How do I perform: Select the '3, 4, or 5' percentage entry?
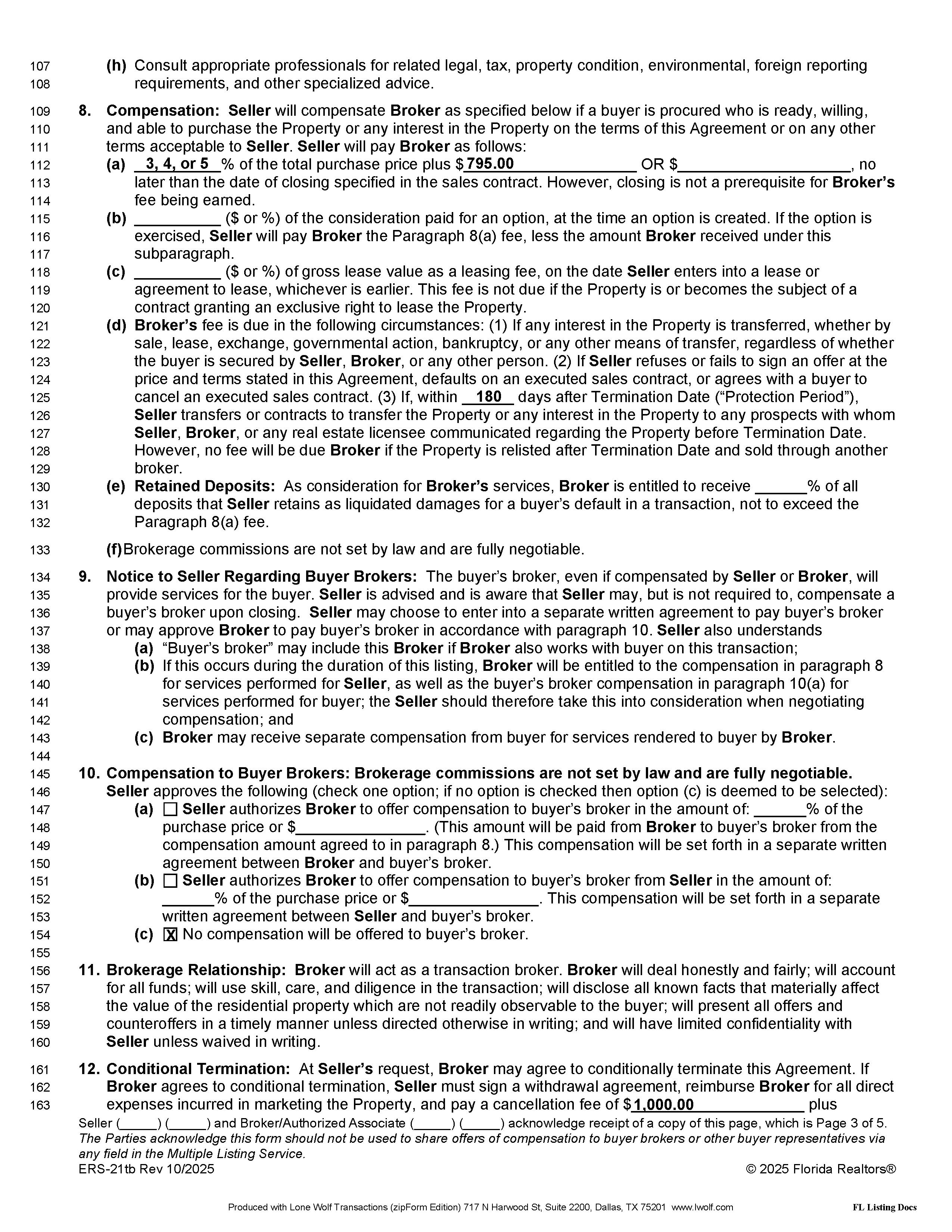coord(177,164)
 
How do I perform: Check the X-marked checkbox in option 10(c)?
coord(170,935)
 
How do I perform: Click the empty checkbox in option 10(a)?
coord(170,809)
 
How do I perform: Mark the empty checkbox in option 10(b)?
coord(170,881)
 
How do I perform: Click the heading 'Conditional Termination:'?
coord(198,1069)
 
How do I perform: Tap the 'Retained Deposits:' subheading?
coord(205,486)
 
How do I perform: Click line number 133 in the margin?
coord(40,550)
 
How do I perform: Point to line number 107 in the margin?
coord(40,66)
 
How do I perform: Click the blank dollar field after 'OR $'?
coord(764,164)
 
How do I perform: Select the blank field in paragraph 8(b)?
coord(177,218)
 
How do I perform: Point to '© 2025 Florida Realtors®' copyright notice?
coord(821,1169)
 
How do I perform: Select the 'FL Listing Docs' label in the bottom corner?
coord(884,1208)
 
